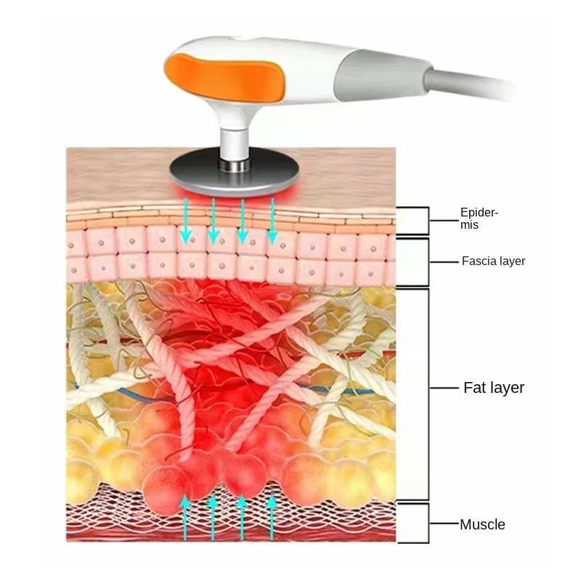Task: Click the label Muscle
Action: (482, 524)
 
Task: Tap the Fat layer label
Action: (494, 388)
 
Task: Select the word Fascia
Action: (479, 261)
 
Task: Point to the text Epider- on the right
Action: (479, 213)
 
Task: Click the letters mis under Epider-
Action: (469, 226)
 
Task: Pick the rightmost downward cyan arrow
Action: (272, 221)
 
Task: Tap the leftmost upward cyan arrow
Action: (185, 517)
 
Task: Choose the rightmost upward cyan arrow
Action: (272, 517)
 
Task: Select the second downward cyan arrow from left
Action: (214, 221)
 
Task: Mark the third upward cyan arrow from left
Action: (242, 517)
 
